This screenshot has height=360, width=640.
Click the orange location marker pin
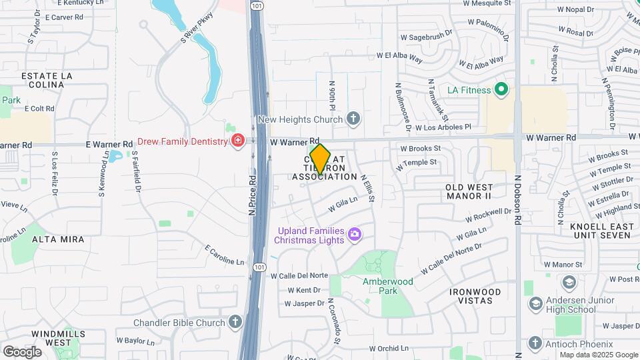point(320,159)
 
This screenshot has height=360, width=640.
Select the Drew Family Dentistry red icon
point(237,141)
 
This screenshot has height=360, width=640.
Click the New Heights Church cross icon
point(354,119)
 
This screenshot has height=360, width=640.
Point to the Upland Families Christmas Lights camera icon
point(355,233)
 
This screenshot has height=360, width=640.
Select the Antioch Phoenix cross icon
point(535,343)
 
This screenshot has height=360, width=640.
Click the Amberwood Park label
point(388,286)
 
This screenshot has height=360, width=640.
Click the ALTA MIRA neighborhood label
point(58,239)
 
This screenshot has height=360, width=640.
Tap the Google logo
point(22,351)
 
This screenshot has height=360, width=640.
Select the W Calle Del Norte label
point(299,275)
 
